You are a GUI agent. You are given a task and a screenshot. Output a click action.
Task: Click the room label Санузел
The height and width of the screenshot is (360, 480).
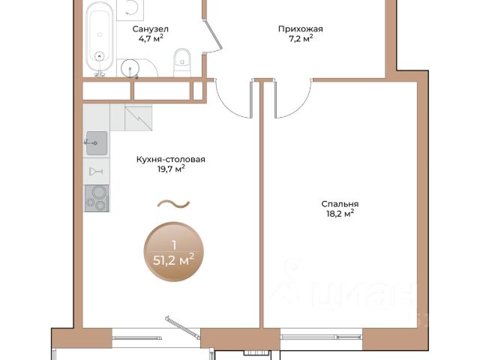[150, 29]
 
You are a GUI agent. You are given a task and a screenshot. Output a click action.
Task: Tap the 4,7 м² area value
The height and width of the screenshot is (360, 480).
[151, 38]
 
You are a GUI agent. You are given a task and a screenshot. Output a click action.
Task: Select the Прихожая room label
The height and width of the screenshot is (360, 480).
[300, 29]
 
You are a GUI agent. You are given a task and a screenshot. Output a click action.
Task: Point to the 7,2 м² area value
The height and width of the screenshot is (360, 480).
[301, 38]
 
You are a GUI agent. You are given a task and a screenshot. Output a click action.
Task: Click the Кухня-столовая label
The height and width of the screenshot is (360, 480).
[171, 160]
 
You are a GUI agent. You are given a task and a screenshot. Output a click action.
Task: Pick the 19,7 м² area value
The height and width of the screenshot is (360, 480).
[171, 169]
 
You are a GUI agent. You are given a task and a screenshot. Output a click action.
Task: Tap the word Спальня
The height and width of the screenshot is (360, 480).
[340, 204]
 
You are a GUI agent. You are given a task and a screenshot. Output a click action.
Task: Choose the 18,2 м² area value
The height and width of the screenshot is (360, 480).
[340, 213]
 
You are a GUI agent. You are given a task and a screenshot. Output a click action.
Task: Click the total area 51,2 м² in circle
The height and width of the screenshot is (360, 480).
[173, 260]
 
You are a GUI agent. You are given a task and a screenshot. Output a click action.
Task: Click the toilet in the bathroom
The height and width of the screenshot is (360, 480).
[182, 62]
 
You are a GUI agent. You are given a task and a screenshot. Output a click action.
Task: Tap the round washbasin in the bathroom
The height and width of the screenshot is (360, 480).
[130, 67]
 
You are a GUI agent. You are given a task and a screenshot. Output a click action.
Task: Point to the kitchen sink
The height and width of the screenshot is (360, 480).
[97, 143]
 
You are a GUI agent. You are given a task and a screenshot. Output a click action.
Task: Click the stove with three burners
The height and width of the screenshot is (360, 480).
[97, 198]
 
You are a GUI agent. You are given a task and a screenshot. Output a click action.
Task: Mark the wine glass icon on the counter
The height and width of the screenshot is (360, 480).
[96, 172]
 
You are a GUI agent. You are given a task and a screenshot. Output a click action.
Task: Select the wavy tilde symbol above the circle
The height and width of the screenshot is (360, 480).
[173, 204]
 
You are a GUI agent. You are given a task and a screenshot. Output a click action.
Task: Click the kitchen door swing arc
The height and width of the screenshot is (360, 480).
[227, 108]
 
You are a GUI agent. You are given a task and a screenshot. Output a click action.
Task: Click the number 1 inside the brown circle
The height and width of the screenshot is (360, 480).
[174, 245]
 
